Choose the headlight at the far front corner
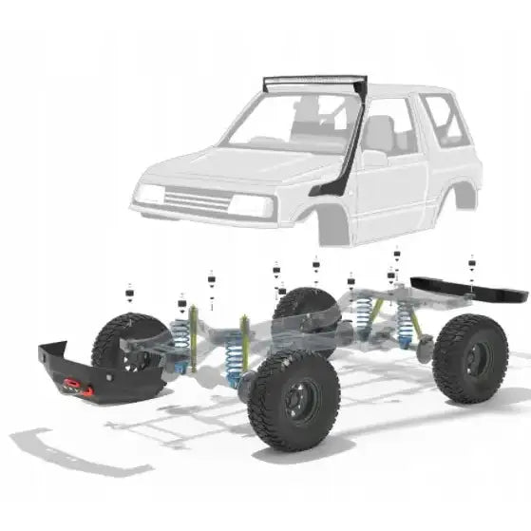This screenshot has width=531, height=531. (150, 195)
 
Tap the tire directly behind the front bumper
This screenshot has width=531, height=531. (128, 342)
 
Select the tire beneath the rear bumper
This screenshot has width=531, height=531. (469, 357)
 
